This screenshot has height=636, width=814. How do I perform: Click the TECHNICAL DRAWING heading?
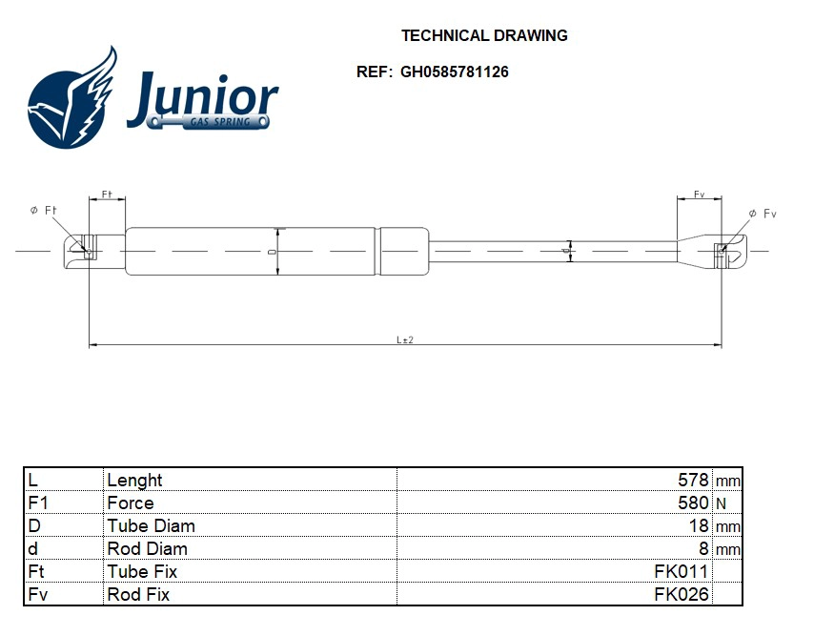coord(484,35)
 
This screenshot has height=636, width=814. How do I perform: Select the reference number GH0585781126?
coord(454,72)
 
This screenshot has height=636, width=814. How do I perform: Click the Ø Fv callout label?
coord(763,214)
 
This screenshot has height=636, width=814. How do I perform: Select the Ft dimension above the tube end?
coord(107,195)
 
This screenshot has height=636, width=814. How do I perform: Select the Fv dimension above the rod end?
coord(699,195)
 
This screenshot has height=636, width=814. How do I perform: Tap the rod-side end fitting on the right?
coord(715,250)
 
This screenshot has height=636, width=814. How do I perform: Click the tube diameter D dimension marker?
coord(276,252)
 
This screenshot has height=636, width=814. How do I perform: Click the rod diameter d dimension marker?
coord(569,250)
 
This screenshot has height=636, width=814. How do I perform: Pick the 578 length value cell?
coord(693,480)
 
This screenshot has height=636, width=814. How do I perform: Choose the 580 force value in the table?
coord(693,503)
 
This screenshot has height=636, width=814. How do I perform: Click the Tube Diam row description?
coord(151,525)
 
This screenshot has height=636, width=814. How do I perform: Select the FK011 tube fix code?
coord(681,571)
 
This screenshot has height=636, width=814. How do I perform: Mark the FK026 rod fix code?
coord(681,594)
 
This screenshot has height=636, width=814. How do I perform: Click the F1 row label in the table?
coord(38,503)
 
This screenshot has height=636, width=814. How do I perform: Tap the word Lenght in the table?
coord(134,480)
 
